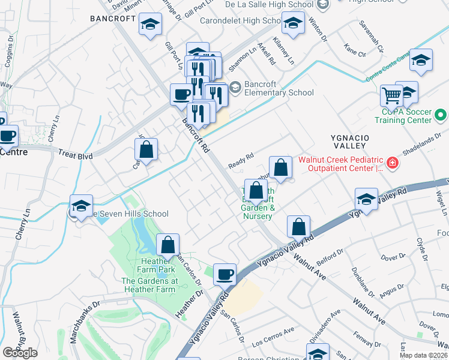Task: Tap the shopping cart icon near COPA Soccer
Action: point(391,95)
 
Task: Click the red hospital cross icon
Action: point(393,163)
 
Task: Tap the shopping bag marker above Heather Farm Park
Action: point(168,245)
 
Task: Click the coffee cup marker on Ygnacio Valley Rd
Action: point(224,274)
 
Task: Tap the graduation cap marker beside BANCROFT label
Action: point(149,25)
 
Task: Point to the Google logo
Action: point(20,353)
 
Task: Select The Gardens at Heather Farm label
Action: point(149,285)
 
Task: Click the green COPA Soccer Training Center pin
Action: point(441,113)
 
